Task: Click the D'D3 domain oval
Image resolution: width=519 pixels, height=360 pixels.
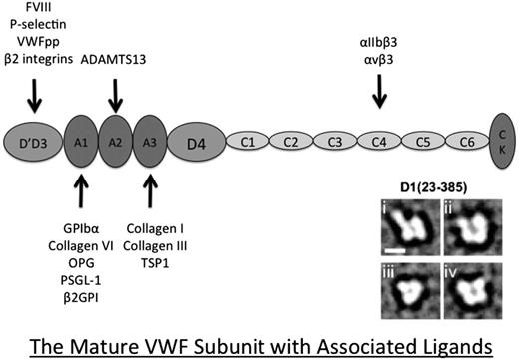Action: (x=36, y=141)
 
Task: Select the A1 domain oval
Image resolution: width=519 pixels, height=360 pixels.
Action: (x=82, y=141)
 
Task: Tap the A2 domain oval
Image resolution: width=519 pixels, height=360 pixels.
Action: (x=117, y=140)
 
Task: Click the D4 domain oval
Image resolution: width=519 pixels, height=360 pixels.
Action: (x=197, y=141)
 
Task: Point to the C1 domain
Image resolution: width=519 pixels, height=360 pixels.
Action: (x=248, y=142)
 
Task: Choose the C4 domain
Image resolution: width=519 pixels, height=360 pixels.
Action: (x=379, y=142)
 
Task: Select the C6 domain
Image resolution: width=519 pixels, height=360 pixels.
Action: (x=466, y=142)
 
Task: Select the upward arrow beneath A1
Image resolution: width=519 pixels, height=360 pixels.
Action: (x=82, y=189)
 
